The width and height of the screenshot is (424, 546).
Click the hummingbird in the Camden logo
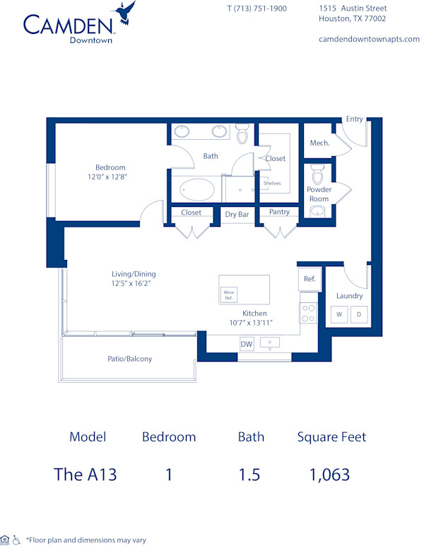[126, 12]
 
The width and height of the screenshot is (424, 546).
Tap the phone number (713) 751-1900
[257, 8]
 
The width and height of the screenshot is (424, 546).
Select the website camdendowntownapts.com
[370, 39]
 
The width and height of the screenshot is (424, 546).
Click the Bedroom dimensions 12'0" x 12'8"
[111, 177]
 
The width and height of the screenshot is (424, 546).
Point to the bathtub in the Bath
[197, 189]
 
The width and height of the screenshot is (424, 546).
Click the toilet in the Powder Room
[318, 173]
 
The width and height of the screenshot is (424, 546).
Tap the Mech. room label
[319, 143]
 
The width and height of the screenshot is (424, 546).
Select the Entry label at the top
[354, 119]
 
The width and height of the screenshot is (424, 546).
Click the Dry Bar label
[237, 213]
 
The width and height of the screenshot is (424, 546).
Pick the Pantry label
[279, 212]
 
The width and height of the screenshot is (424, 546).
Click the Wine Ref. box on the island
[228, 295]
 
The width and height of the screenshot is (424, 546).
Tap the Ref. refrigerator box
[310, 278]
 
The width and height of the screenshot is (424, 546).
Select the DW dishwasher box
[246, 344]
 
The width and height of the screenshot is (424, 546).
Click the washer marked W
[338, 314]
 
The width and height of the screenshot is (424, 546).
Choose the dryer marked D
[358, 314]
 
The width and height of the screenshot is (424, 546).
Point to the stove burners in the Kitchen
[308, 313]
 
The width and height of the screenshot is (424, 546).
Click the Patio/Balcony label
[129, 359]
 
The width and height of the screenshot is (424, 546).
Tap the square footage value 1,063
[329, 474]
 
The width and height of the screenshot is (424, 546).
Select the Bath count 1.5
[249, 474]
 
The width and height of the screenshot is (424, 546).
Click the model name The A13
[85, 474]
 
